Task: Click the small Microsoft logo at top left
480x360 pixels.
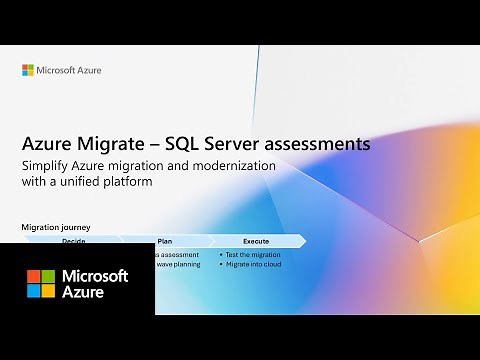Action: pyautogui.click(x=28, y=70)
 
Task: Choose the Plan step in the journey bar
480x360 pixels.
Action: pyautogui.click(x=164, y=241)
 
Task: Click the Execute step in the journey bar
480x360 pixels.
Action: pyautogui.click(x=256, y=241)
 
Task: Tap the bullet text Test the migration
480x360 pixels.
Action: pyautogui.click(x=255, y=255)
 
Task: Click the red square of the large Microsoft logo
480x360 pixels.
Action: pyautogui.click(x=33, y=275)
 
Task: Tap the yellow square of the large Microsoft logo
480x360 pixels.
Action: pyautogui.click(x=48, y=290)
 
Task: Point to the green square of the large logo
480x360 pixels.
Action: pyautogui.click(x=48, y=275)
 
